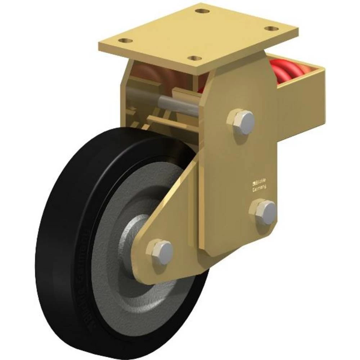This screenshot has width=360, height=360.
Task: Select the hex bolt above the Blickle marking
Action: pyautogui.click(x=241, y=121)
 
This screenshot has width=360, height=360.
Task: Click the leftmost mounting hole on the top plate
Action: pyautogui.click(x=125, y=41)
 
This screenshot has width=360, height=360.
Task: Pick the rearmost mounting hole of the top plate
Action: pyautogui.click(x=202, y=10)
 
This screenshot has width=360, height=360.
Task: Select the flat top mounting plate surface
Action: pyautogui.click(x=198, y=34)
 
